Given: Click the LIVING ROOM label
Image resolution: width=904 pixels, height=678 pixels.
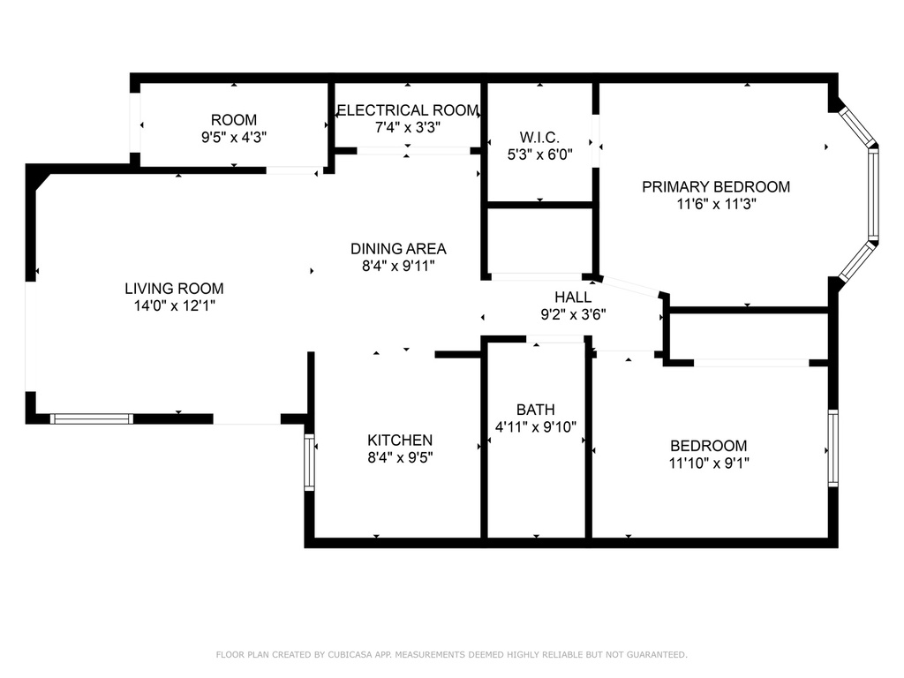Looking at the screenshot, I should coord(174,288).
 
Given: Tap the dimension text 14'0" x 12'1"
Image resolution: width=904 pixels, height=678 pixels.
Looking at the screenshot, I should coord(174,306).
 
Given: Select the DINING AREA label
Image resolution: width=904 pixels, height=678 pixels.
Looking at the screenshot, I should coord(398,248).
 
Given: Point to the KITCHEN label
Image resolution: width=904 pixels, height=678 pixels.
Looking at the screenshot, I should coord(400,440).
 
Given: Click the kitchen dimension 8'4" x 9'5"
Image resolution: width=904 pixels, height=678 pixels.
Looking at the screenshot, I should coord(400,457).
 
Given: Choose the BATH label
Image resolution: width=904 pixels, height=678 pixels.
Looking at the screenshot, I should coord(536,410).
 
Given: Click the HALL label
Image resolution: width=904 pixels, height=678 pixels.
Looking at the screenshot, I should coord(573,297).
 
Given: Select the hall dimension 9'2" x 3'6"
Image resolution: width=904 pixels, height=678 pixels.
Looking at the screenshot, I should coord(573,314).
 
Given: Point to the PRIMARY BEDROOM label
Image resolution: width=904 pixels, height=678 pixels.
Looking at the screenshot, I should coord(715,186).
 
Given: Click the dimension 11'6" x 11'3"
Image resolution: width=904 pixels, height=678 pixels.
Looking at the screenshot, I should coord(715,204).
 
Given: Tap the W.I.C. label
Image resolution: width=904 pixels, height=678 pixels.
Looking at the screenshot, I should coord(539,138).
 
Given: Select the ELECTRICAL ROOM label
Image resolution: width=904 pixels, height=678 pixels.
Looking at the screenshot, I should coord(408,110).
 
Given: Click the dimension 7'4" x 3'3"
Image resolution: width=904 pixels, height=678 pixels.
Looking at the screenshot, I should coord(408,127).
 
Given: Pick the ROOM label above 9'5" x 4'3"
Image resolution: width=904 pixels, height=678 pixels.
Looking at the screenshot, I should coord(234,120).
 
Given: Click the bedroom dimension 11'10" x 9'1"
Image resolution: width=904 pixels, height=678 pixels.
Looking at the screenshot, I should coord(708,463).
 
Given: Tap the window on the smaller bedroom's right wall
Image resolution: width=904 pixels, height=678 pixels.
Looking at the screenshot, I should coord(832,448).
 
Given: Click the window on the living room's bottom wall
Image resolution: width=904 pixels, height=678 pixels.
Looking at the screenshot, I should coord(92,418).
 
